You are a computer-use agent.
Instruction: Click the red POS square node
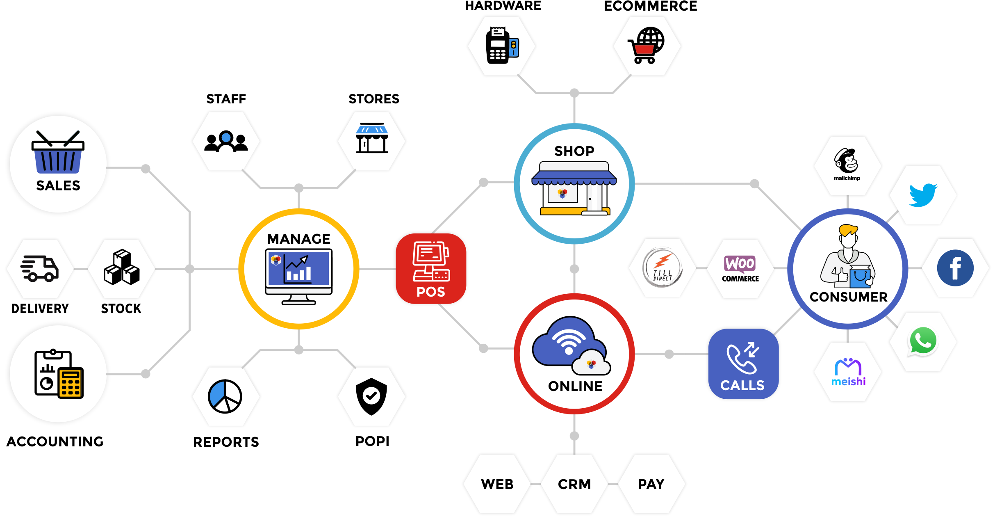(430, 269)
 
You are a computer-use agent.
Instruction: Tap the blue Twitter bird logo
(922, 194)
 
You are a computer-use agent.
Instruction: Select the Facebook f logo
(955, 268)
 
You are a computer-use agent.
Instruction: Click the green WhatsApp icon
(923, 341)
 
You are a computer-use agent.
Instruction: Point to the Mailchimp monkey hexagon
(847, 165)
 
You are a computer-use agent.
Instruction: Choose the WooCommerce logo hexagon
(740, 269)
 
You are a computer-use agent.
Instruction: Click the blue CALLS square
(743, 364)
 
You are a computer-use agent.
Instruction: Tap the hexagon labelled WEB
(497, 484)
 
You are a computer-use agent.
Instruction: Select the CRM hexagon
(574, 484)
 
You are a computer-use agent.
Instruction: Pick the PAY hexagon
(651, 484)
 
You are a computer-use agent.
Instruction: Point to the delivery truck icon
(39, 269)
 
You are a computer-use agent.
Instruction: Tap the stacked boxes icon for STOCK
(122, 268)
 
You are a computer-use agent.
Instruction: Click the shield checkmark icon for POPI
(371, 396)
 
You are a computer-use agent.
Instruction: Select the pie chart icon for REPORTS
(225, 396)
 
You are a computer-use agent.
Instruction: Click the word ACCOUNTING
(55, 441)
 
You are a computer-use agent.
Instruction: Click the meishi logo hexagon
(848, 372)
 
